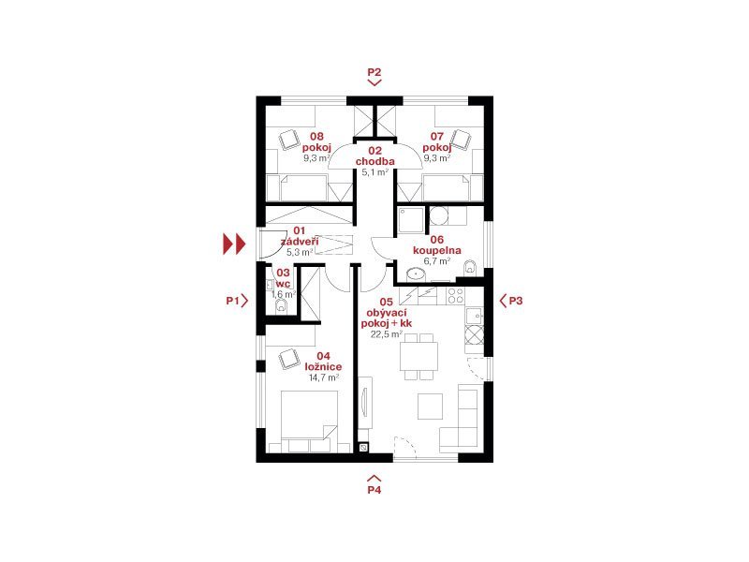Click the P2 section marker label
click(x=374, y=72)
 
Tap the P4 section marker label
click(x=374, y=489)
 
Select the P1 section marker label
click(x=232, y=301)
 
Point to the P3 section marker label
click(x=516, y=301)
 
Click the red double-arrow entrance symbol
click(x=234, y=244)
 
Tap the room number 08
click(x=316, y=137)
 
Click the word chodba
click(x=375, y=161)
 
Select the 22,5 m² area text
click(x=387, y=334)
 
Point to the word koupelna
click(x=437, y=250)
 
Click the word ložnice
click(x=323, y=366)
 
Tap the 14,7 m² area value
click(x=323, y=377)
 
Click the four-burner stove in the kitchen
click(x=455, y=296)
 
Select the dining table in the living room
click(x=419, y=357)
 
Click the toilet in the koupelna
click(x=470, y=268)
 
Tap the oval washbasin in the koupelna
click(x=416, y=274)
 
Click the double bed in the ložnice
click(x=309, y=421)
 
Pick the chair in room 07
click(x=462, y=139)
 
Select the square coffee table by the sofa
click(x=430, y=407)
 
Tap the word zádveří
click(x=299, y=242)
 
